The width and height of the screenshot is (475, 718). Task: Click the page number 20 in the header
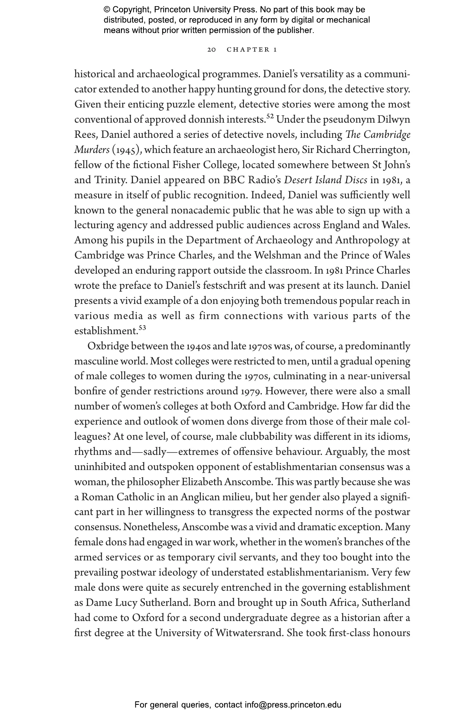click(x=211, y=50)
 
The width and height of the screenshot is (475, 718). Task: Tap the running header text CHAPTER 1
click(x=252, y=50)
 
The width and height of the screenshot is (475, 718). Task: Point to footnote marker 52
click(x=270, y=116)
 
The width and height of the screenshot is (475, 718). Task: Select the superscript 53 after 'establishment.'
click(x=142, y=328)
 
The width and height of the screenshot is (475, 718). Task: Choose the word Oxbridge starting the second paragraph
click(x=108, y=346)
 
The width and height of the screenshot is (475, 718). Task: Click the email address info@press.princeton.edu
click(x=293, y=705)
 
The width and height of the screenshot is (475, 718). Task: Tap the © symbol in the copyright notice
click(x=107, y=10)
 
